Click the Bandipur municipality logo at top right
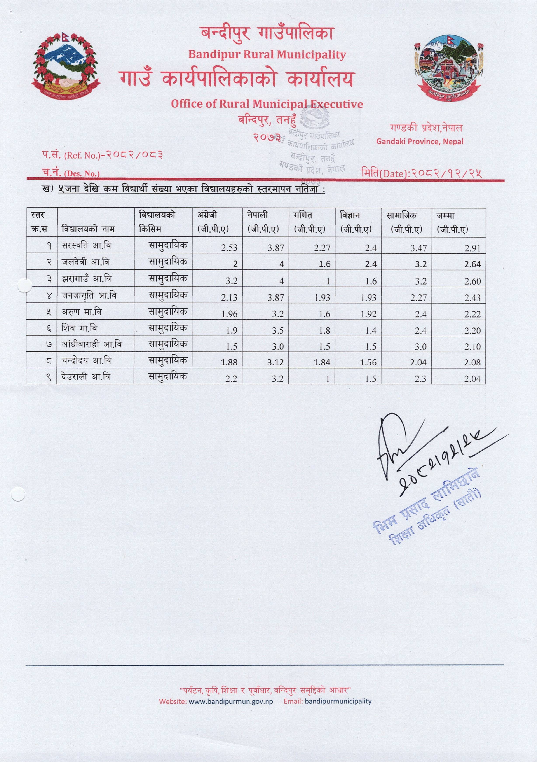point(449,68)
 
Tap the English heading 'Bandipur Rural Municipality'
point(267,54)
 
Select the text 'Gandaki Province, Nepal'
point(420,141)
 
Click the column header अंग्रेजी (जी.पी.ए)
point(213,222)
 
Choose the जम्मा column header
point(452,222)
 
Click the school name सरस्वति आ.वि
point(86,246)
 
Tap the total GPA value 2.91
point(472,248)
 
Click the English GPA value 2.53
point(229,248)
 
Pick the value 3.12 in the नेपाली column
point(276,362)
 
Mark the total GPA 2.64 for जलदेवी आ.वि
point(472,264)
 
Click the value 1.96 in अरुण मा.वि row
point(229,314)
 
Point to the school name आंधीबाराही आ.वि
point(92,344)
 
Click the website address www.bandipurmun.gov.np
point(230,701)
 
